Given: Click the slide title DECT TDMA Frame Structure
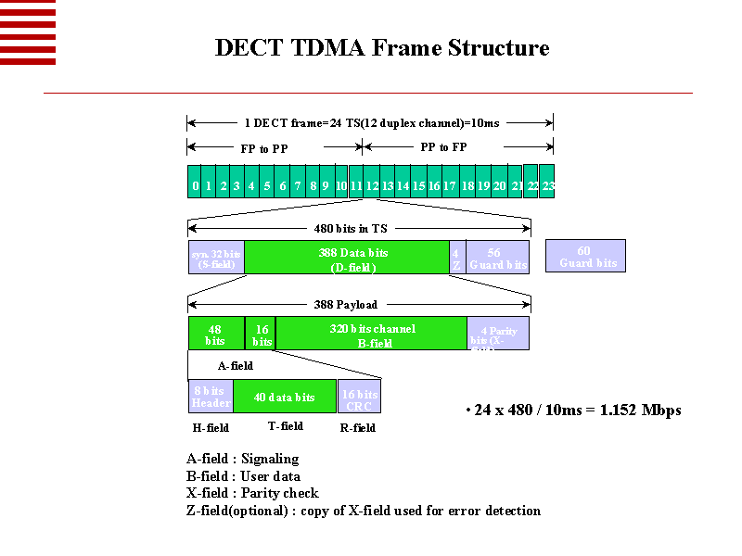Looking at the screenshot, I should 382,48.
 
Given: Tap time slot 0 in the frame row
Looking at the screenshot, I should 195,185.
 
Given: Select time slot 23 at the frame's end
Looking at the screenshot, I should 547,185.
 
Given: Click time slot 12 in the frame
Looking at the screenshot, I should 372,185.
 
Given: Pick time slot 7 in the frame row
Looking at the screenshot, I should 298,185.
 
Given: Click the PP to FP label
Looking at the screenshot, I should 443,146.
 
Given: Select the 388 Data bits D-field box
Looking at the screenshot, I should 346,257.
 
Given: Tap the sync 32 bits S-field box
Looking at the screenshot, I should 215,257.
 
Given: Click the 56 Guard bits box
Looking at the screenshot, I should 497,257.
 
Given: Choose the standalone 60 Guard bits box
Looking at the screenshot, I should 585,256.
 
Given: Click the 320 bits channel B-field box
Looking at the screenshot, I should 372,333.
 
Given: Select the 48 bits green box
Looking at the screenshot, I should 215,333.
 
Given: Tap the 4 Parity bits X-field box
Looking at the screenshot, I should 498,334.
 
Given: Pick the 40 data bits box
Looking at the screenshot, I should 285,397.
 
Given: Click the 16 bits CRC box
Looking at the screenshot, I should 359,397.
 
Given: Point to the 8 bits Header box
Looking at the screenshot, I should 211,397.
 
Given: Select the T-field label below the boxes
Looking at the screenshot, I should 285,426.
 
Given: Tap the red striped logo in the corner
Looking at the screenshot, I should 28,32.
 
